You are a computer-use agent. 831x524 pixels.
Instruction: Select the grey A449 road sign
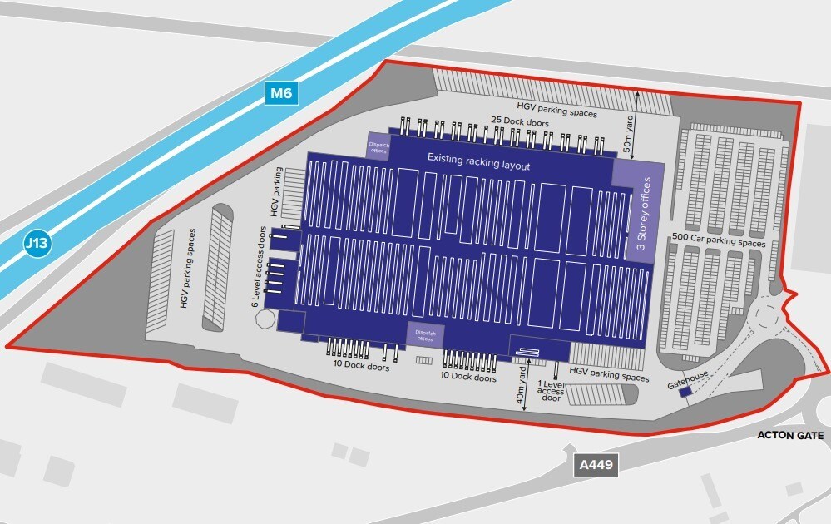(x=596, y=465)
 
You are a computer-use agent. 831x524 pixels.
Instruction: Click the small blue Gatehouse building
(x=684, y=393)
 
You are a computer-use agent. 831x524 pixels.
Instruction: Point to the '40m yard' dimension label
(x=522, y=387)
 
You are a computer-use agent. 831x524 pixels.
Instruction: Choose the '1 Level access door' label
(x=550, y=391)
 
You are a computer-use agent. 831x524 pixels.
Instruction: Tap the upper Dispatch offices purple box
(x=378, y=146)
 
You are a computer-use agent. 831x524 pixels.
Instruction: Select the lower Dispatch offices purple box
(x=425, y=334)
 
